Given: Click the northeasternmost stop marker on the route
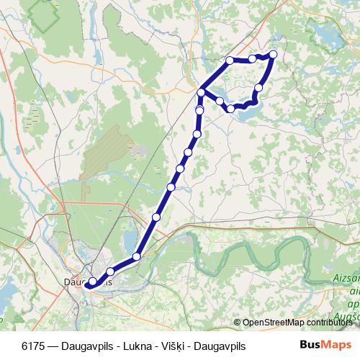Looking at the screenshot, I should tap(273, 54).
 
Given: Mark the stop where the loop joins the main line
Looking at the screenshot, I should tap(202, 92).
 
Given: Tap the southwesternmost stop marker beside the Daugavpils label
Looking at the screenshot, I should tap(92, 282).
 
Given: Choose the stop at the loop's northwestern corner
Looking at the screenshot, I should tap(230, 60).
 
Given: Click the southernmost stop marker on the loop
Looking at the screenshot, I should tap(231, 109).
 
